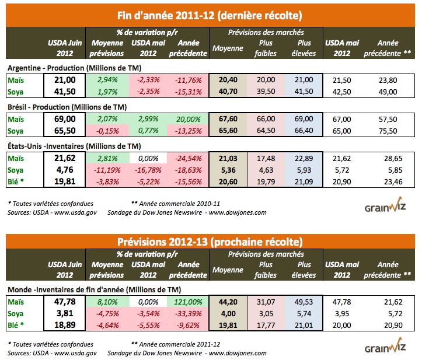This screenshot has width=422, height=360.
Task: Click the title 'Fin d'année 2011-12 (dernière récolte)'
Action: (x=211, y=13)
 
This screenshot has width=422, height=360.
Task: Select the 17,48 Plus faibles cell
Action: (x=266, y=157)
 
